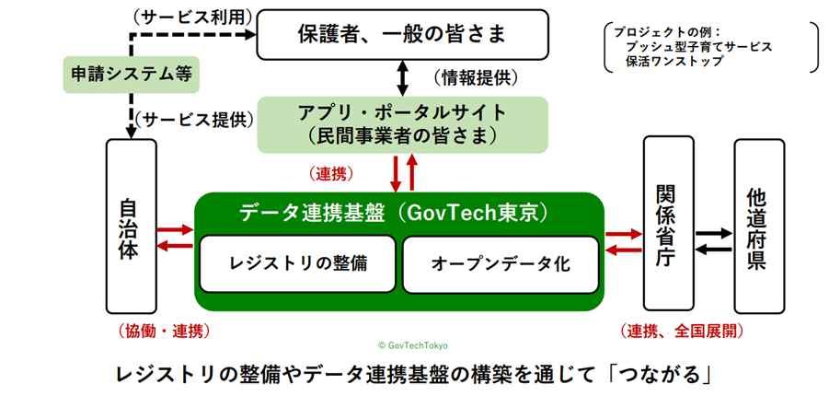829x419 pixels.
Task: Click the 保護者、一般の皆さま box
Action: (401, 35)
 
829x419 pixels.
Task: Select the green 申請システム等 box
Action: (131, 73)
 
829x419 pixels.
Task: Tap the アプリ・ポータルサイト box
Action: (402, 124)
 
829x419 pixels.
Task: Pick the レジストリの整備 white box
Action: (298, 262)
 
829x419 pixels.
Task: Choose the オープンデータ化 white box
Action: (501, 262)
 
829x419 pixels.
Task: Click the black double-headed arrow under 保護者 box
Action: (402, 76)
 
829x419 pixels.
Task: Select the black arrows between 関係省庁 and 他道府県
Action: (713, 241)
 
